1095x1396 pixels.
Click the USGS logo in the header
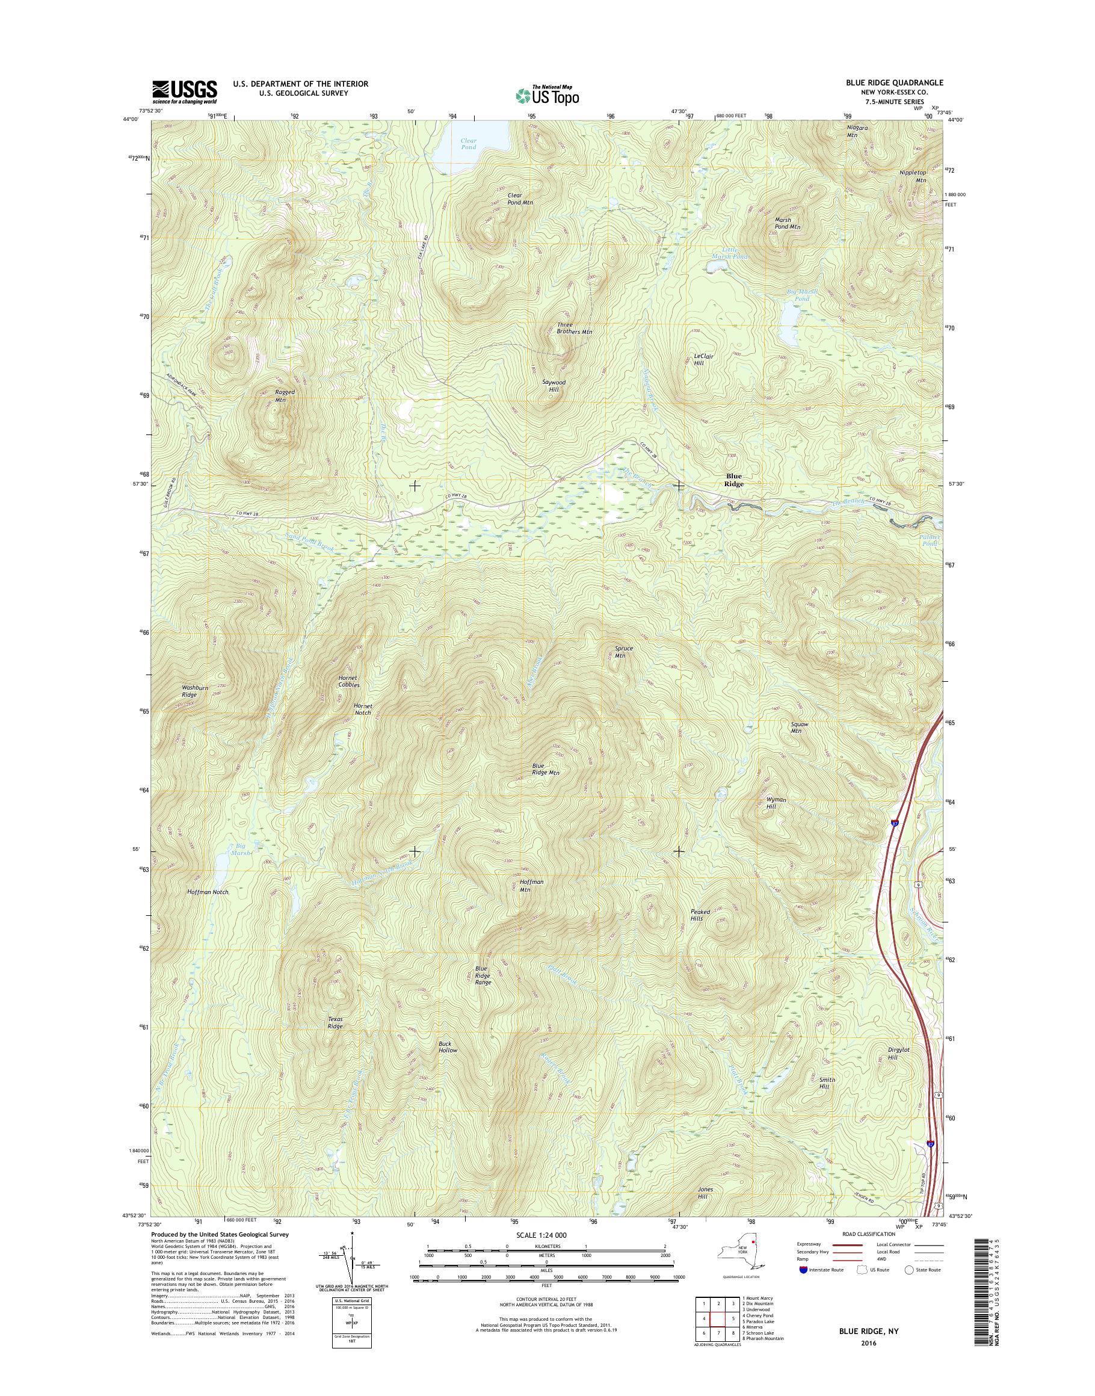184,91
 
